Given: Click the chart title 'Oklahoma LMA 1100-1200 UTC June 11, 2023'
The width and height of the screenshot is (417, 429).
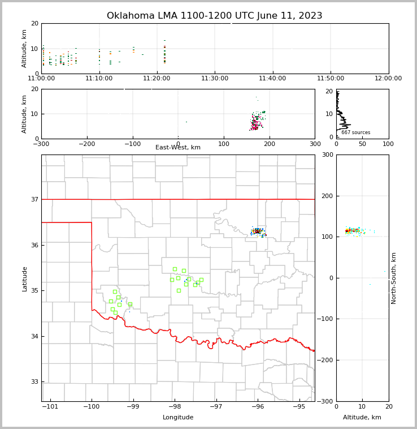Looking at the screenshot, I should click(x=214, y=16).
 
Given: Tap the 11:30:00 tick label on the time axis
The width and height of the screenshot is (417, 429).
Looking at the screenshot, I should click(x=215, y=78).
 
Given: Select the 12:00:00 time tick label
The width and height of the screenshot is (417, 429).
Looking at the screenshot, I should click(x=388, y=78).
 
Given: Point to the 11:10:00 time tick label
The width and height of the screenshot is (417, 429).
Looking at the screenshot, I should click(x=99, y=78).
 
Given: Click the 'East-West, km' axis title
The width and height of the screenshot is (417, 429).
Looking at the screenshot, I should click(x=178, y=148).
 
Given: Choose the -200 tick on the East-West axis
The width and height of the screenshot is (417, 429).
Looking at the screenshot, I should click(x=86, y=144).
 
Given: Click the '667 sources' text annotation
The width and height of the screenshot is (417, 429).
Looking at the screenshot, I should click(x=355, y=132).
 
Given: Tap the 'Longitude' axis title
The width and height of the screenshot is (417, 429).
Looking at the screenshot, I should click(x=178, y=418).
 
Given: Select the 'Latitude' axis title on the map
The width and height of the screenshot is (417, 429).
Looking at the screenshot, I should click(x=24, y=278).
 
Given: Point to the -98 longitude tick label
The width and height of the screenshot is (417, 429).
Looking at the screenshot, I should click(x=174, y=406).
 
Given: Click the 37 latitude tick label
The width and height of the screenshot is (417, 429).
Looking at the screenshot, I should click(x=34, y=200).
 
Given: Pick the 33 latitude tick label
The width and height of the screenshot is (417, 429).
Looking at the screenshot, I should click(x=34, y=382).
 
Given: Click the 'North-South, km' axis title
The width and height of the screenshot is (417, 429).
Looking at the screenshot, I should click(x=394, y=278).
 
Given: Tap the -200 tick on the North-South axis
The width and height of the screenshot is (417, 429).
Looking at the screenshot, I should click(x=325, y=361).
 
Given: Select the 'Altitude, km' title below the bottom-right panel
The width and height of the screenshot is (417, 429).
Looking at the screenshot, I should click(x=362, y=418).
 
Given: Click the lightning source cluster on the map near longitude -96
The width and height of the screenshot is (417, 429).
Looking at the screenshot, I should click(x=258, y=231).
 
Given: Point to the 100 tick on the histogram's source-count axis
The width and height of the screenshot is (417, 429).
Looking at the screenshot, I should click(x=388, y=144).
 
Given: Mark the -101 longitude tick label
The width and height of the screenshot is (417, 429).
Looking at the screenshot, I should click(x=50, y=406).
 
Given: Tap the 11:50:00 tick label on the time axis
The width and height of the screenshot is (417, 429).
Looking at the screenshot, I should click(x=331, y=78).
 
